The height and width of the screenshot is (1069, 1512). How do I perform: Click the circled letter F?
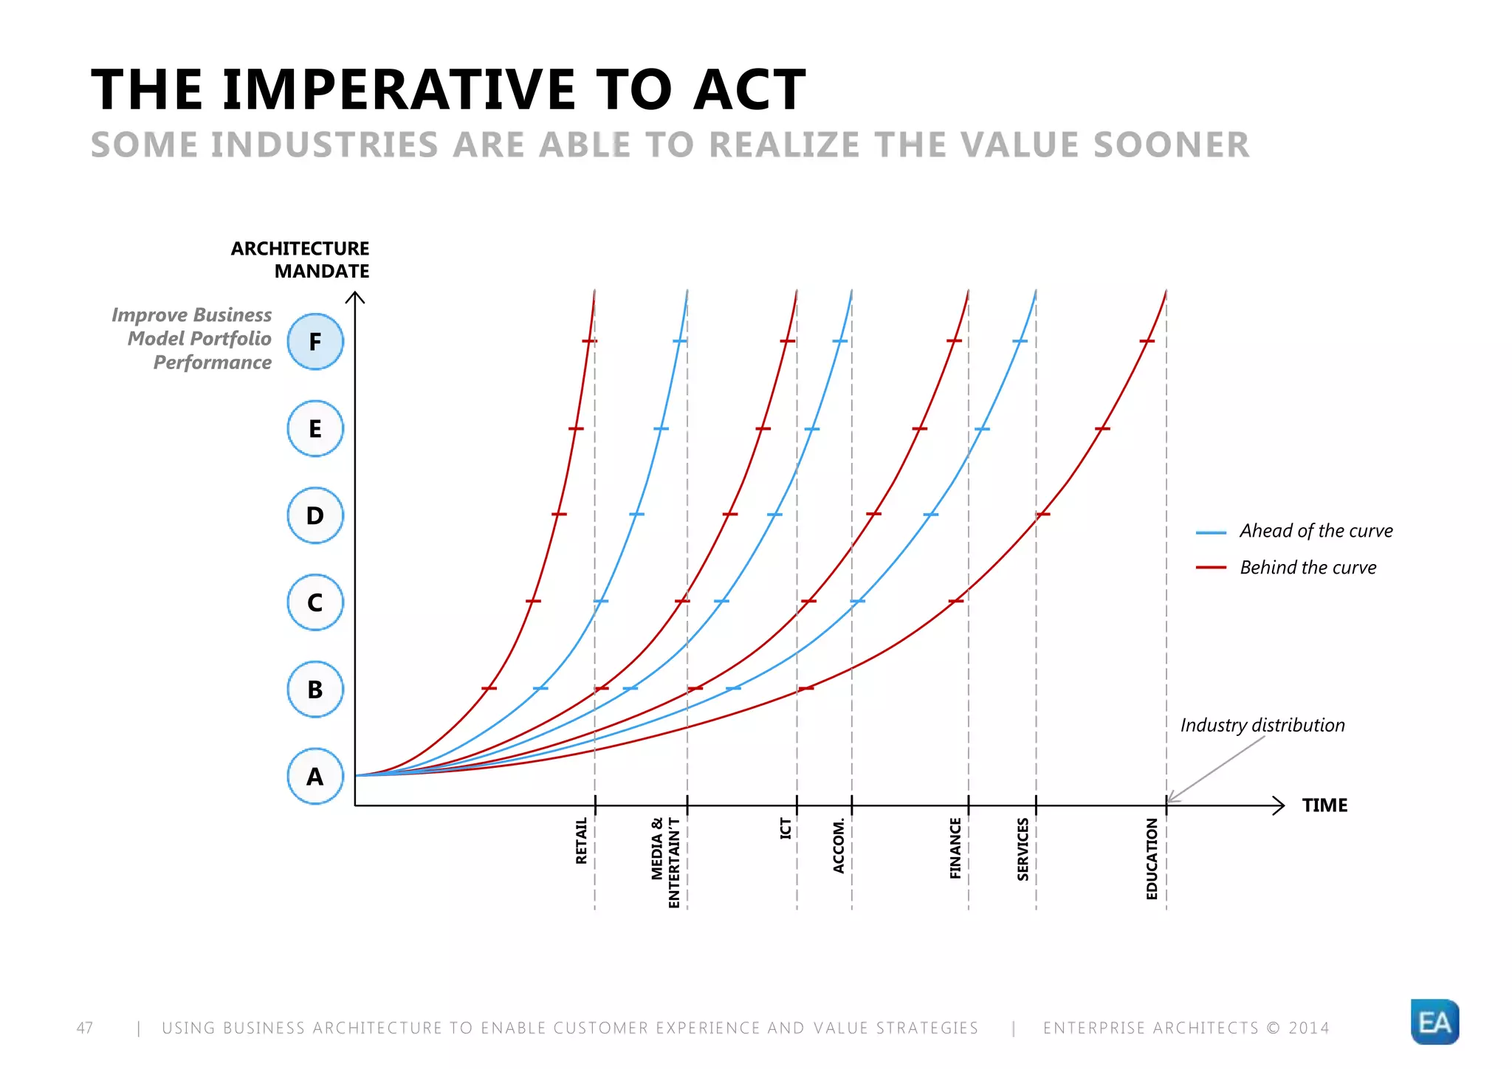coord(315,342)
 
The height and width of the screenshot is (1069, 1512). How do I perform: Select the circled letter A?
coord(315,776)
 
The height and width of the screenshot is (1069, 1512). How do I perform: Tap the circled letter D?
coord(315,515)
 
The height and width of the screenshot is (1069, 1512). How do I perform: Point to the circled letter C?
coord(315,602)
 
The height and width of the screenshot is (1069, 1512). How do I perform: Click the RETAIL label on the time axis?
coord(582,840)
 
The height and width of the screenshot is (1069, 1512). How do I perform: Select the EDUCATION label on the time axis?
coord(1152,859)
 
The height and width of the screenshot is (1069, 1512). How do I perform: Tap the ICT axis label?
coord(786,828)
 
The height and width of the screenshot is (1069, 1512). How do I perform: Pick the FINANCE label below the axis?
coord(955,848)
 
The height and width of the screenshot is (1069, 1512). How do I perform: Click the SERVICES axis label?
coord(1023,849)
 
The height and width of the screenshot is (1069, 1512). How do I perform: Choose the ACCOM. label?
coord(839,846)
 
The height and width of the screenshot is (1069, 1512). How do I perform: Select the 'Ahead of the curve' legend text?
coord(1316,531)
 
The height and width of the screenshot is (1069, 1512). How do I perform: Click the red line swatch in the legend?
coord(1211,568)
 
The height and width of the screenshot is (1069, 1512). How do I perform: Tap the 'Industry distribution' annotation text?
coord(1262,725)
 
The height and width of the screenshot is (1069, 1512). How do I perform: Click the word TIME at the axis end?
coord(1324,805)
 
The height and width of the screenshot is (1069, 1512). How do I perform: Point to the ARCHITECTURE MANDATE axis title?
coord(300,260)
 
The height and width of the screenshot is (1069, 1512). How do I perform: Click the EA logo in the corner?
coord(1434,1022)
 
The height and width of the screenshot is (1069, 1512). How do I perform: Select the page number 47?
coord(85,1028)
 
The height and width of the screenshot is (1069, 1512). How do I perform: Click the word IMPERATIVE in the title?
coord(399,90)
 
